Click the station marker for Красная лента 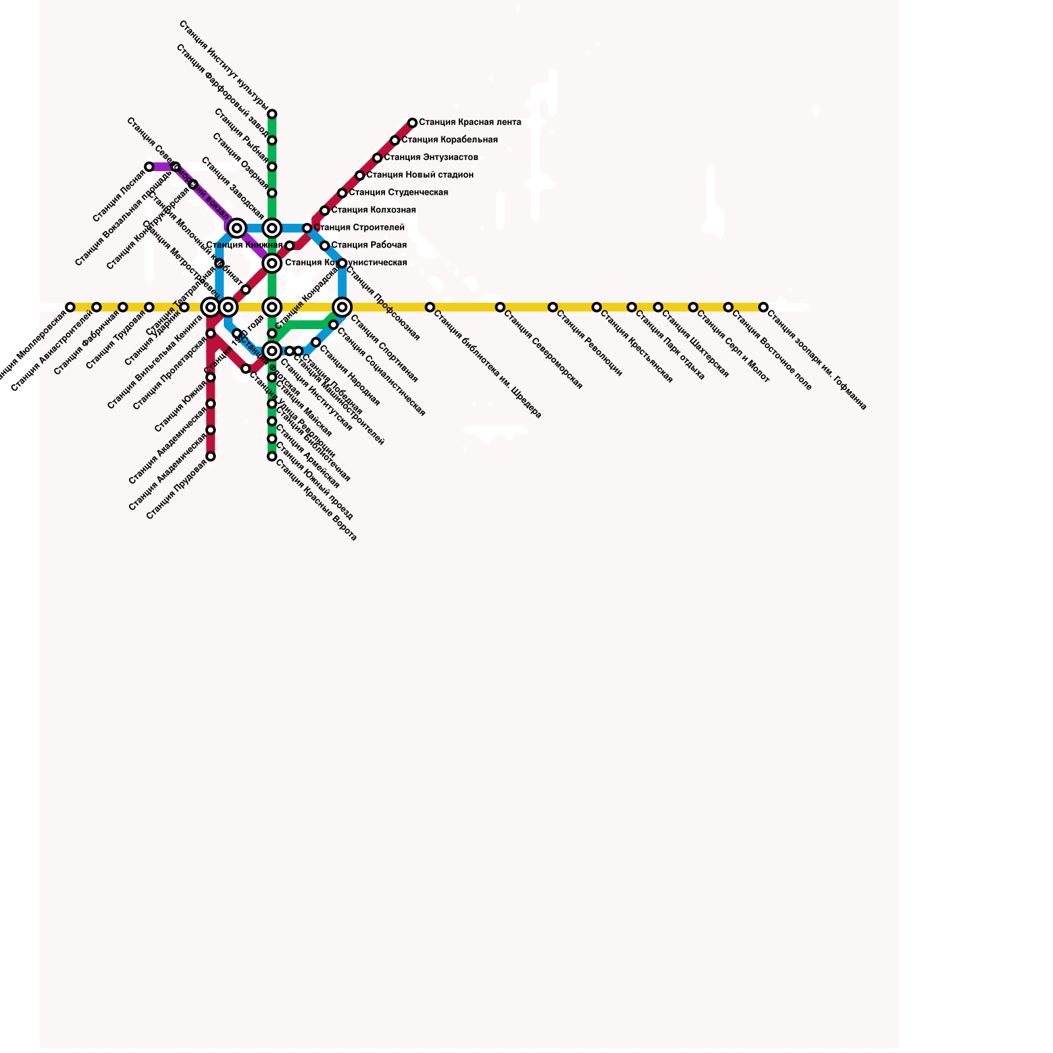(x=412, y=123)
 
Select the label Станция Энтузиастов (x=431, y=158)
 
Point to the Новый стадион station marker (x=359, y=176)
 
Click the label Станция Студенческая (x=398, y=193)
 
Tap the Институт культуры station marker (x=272, y=115)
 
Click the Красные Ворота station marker (x=272, y=456)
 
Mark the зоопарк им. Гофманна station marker (x=763, y=307)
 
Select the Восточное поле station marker (x=728, y=307)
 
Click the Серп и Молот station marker (x=693, y=307)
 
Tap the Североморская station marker (x=500, y=307)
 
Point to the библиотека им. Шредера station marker (x=430, y=307)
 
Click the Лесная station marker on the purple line (x=149, y=167)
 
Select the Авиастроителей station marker (x=97, y=307)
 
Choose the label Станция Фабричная (x=86, y=343)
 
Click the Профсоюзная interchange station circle (x=342, y=307)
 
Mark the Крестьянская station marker (x=596, y=307)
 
